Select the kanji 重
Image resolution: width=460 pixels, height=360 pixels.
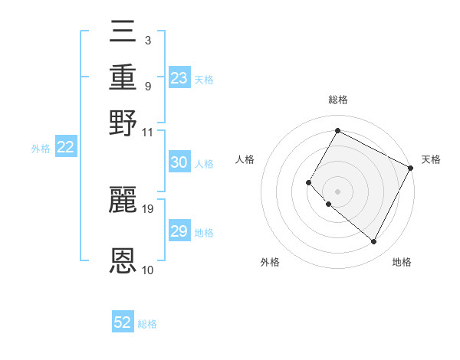click(123, 78)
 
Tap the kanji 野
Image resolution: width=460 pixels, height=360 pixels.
click(123, 123)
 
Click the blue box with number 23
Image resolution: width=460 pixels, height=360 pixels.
click(179, 78)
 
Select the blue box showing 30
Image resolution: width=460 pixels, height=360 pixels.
click(179, 162)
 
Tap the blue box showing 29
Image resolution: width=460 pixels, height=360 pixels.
click(179, 231)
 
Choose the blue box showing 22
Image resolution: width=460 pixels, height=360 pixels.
click(65, 148)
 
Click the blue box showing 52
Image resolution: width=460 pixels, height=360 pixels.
click(123, 322)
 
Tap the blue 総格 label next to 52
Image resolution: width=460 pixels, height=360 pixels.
click(147, 324)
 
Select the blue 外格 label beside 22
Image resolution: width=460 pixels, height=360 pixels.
click(41, 149)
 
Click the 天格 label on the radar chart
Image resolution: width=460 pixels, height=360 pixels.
click(431, 160)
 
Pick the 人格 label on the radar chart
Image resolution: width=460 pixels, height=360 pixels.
click(245, 160)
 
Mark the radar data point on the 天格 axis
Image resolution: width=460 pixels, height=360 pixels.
click(412, 168)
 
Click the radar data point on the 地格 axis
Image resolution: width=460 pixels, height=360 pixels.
click(373, 242)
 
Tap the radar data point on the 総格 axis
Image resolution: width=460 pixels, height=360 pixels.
click(337, 131)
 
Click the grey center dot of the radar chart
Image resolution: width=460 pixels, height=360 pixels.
click(337, 191)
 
